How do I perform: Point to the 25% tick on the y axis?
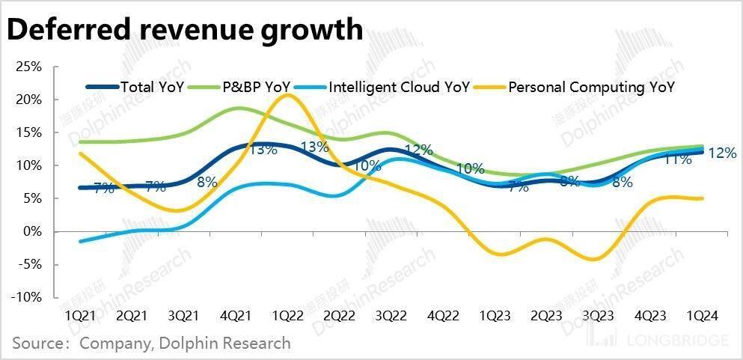pos(29,67)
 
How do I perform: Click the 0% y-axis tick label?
pos(33,231)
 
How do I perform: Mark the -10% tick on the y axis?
pos(27,297)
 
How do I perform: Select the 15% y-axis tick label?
pos(29,132)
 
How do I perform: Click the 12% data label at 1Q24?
pos(722,153)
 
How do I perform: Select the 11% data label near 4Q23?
pos(678,159)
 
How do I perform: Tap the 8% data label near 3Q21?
pos(207,181)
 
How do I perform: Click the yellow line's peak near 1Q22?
pos(286,95)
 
